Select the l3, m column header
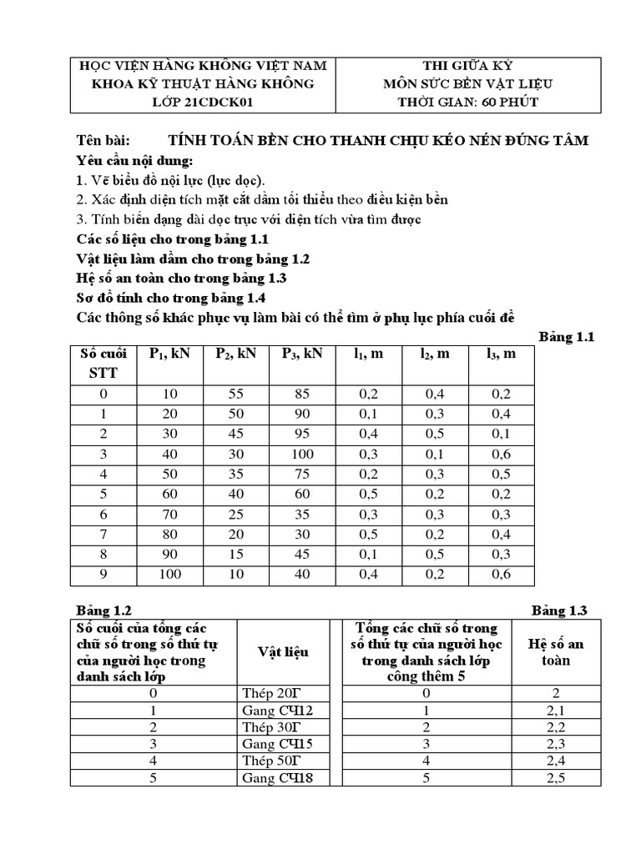point(501,354)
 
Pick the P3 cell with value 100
point(302,454)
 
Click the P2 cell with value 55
point(235,394)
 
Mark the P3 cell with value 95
point(302,434)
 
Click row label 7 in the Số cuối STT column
point(103,534)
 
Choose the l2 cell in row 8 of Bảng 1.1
point(435,554)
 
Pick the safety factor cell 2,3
point(556,744)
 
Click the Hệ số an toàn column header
point(556,651)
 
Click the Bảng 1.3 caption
point(560,610)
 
